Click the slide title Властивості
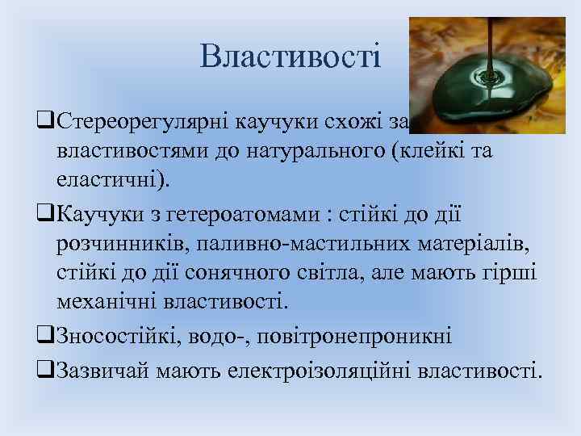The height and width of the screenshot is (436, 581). tap(290, 57)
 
